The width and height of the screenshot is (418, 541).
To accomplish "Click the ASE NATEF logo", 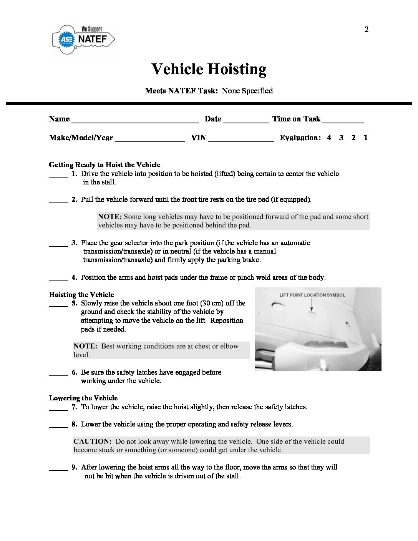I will click(83, 39).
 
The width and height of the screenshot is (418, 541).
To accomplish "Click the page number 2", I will click(367, 29).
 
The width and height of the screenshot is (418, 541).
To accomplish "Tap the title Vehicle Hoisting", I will click(209, 69).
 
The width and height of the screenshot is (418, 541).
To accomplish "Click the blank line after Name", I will click(135, 120).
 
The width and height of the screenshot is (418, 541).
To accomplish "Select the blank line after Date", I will click(245, 120).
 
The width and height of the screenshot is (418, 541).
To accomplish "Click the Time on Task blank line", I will click(343, 120).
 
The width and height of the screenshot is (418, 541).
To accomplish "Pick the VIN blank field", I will click(241, 139).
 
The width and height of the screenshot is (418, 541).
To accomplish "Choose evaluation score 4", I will click(329, 138).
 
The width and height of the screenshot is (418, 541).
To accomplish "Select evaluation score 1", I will click(366, 138).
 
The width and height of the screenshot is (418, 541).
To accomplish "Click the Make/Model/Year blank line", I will click(150, 139).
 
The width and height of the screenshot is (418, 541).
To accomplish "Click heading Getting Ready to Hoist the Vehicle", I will click(104, 165).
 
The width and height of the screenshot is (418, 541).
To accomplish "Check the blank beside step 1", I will click(58, 175).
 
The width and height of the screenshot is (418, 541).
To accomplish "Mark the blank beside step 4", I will click(58, 279).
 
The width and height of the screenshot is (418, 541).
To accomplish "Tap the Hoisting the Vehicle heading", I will click(81, 295).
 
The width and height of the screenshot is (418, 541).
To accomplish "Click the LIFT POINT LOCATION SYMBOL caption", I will click(312, 295).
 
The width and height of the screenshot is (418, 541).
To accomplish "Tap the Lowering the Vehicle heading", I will click(83, 398).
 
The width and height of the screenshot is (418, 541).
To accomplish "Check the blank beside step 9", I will click(58, 468).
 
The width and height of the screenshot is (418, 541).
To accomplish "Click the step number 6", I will click(74, 372).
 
